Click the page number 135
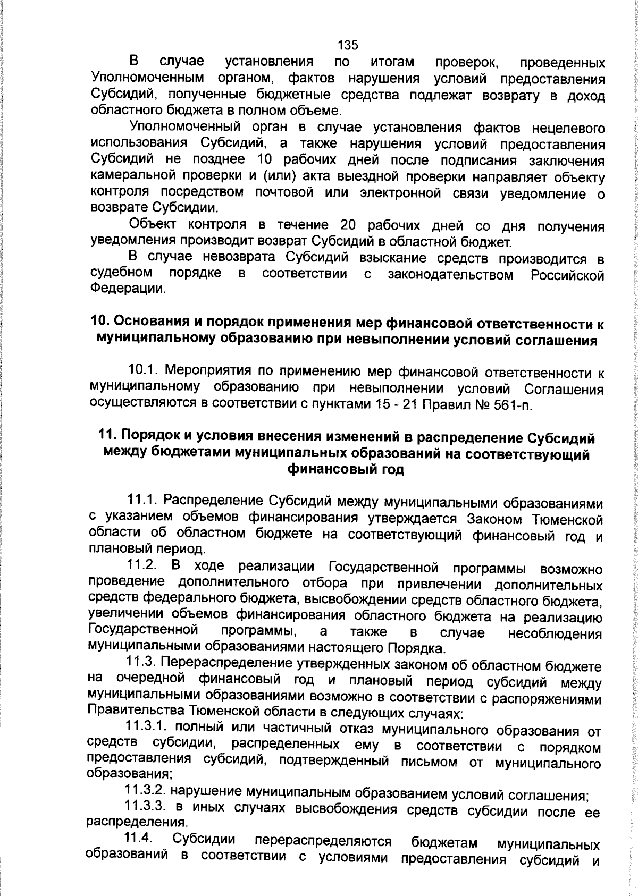(348, 45)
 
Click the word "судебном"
(122, 274)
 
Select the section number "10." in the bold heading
(101, 323)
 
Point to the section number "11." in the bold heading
(109, 438)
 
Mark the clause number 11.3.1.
(147, 727)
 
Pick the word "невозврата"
(238, 258)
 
